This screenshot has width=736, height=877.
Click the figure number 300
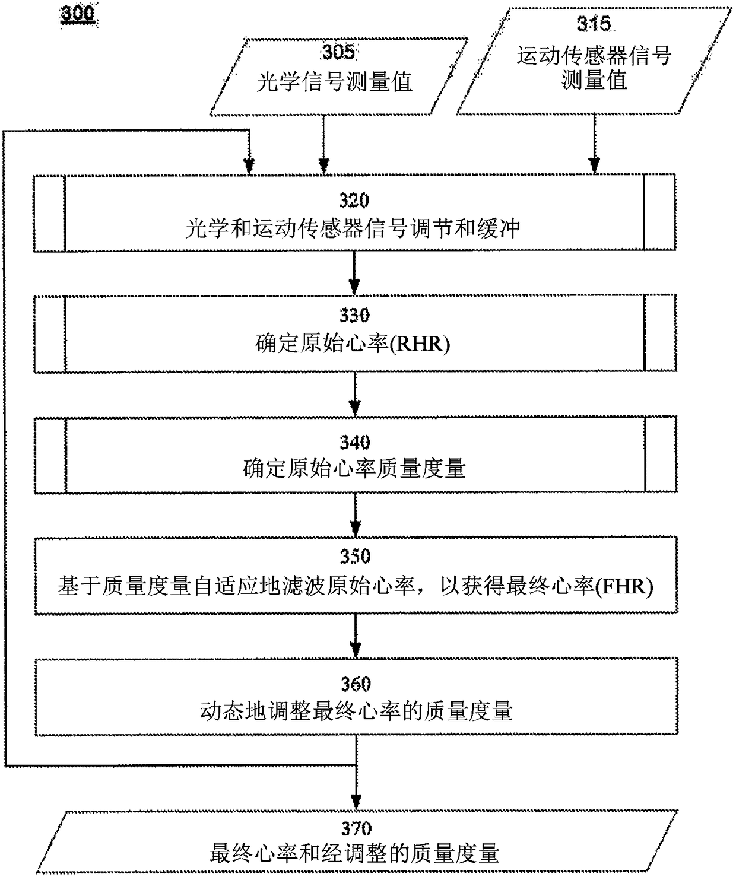click(x=78, y=13)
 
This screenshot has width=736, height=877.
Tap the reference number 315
click(x=593, y=24)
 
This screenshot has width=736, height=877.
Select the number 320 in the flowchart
click(x=354, y=201)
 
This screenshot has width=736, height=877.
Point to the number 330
click(x=354, y=315)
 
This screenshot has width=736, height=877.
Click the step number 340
click(x=355, y=442)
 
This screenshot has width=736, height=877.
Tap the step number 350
click(x=355, y=557)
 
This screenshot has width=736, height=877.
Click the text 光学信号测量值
click(x=334, y=81)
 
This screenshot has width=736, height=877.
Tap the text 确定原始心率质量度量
click(x=354, y=469)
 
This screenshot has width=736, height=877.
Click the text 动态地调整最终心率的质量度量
click(x=356, y=711)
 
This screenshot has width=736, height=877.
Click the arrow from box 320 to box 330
click(x=354, y=272)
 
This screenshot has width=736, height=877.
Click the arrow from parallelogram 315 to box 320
click(x=594, y=143)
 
